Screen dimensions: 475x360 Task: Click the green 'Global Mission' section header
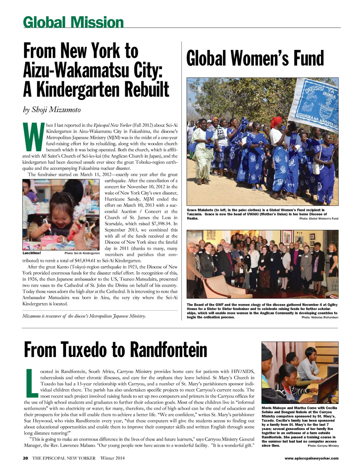[x=73, y=23]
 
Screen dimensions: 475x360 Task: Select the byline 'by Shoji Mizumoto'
[x=52, y=109]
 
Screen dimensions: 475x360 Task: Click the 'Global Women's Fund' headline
[x=255, y=59]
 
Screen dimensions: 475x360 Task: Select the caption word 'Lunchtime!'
[x=32, y=253]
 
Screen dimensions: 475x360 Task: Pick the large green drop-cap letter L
[x=32, y=382]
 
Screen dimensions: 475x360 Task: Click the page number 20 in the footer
[x=25, y=458]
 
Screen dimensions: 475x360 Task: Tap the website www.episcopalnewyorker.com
[x=311, y=458]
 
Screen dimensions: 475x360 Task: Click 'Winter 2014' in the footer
[x=112, y=458]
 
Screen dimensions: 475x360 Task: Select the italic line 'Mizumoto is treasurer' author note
[x=84, y=316]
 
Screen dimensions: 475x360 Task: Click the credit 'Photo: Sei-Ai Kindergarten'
[x=82, y=253]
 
